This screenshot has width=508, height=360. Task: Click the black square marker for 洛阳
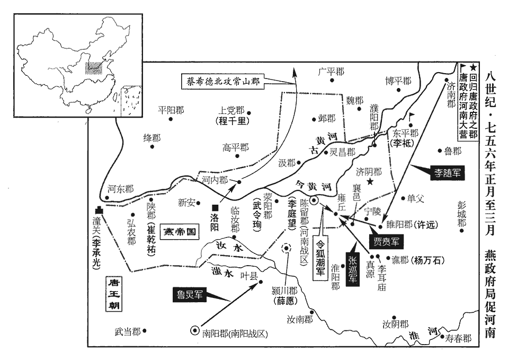coord(214,208)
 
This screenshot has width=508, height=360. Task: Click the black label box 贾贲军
coord(386,241)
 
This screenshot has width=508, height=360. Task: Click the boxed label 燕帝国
coord(179,232)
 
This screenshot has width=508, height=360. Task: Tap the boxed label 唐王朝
coord(114,294)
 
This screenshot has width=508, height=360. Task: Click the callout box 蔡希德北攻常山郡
coord(222,81)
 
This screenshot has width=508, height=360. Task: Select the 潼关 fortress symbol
coord(99,210)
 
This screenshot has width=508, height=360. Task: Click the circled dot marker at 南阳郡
coord(195,330)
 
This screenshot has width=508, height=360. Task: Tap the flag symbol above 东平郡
coord(412,116)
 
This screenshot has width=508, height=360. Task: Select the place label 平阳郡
coord(171,110)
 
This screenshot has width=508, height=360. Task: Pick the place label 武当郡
coord(127,331)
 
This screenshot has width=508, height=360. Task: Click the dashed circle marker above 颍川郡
coord(287,249)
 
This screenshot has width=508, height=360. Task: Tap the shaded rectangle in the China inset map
coord(94,68)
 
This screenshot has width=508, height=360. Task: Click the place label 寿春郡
coord(458,338)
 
